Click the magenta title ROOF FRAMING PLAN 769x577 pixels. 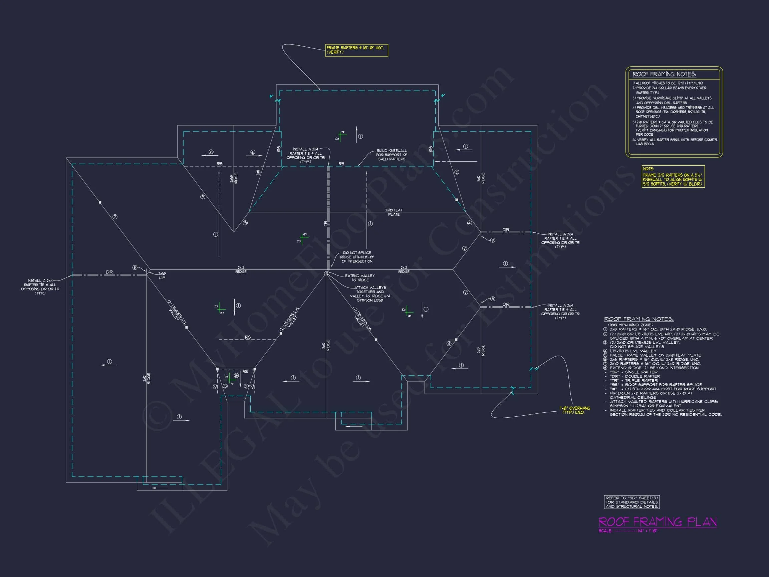658,522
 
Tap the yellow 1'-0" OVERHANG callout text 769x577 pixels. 574,410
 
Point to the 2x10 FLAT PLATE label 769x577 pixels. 394,212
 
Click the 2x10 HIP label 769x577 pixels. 162,276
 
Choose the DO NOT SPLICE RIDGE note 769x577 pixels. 356,257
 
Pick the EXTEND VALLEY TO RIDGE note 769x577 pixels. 360,278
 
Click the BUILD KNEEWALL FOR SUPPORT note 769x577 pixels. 392,155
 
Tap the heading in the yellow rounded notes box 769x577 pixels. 664,74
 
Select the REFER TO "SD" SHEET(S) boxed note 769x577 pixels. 632,502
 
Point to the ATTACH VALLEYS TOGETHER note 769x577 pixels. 370,294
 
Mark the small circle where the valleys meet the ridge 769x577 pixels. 326,273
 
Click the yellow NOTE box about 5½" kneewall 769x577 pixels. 673,177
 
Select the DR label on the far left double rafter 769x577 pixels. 109,272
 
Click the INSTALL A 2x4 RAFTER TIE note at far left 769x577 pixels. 40,286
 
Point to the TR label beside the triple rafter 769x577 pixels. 326,223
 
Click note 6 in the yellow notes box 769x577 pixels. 675,142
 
